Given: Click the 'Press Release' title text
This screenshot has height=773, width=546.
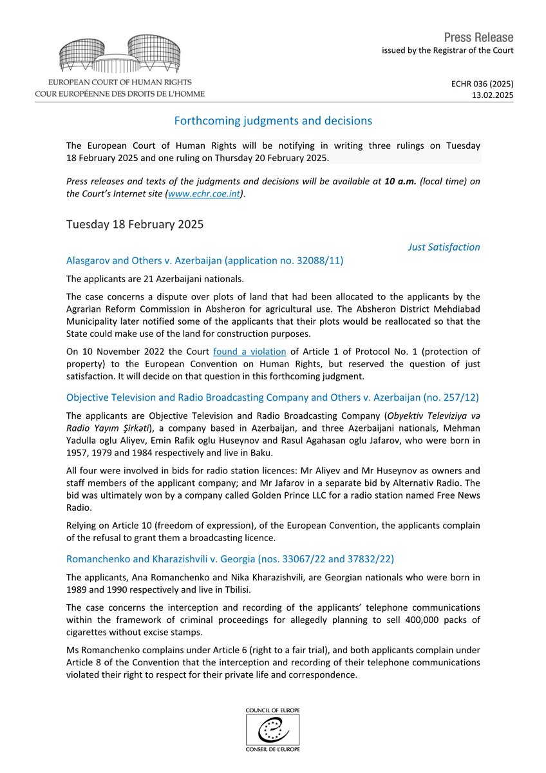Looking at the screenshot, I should pyautogui.click(x=478, y=37).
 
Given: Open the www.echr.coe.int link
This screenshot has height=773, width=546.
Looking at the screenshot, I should pyautogui.click(x=203, y=194).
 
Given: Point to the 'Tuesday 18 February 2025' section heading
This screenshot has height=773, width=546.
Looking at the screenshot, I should pyautogui.click(x=135, y=224).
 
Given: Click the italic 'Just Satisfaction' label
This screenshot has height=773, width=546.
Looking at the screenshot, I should pyautogui.click(x=444, y=247).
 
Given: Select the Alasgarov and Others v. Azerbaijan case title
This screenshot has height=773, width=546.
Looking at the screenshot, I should pyautogui.click(x=205, y=260).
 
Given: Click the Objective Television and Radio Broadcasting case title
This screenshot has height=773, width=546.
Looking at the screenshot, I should pyautogui.click(x=272, y=397).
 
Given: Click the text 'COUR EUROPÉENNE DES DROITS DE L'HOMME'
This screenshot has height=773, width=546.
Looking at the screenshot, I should pyautogui.click(x=120, y=93).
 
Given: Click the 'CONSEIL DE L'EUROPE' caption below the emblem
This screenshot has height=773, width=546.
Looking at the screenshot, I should pyautogui.click(x=272, y=749).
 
